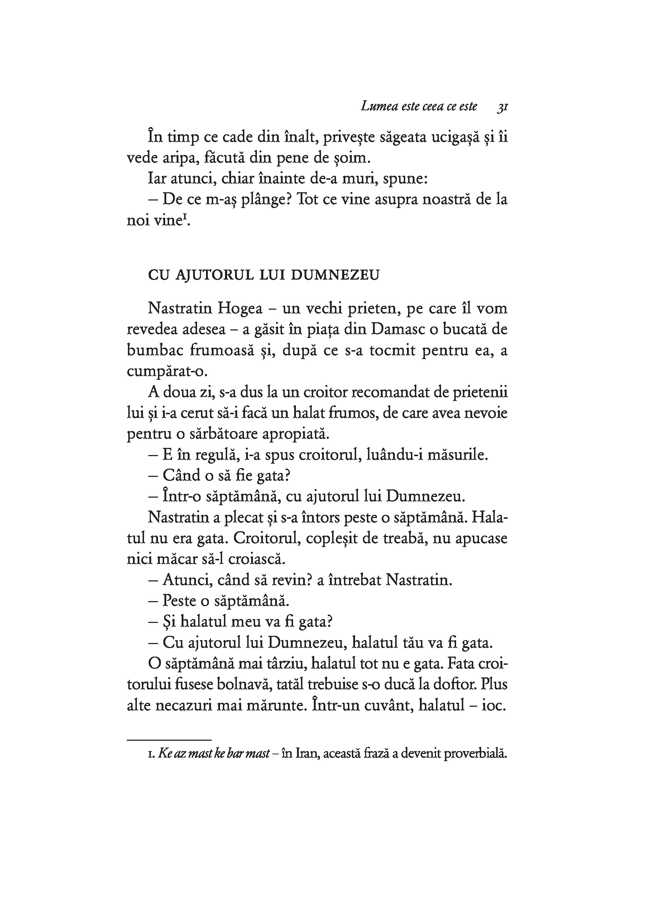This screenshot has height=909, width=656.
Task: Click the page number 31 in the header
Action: pyautogui.click(x=503, y=107)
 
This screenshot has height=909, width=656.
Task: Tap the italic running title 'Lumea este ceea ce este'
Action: pyautogui.click(x=419, y=106)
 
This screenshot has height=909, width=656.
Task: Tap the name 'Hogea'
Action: pyautogui.click(x=240, y=309)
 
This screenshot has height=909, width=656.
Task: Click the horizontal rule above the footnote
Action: pyautogui.click(x=169, y=740)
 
